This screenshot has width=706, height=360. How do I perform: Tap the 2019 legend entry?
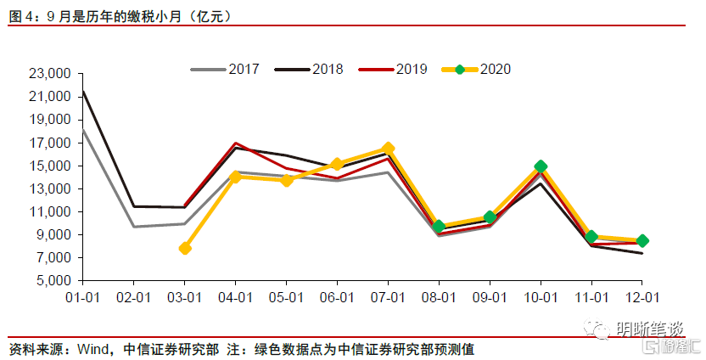coord(393,69)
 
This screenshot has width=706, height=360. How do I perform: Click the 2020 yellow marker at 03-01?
coord(185,248)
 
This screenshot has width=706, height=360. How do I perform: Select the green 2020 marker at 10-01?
coord(541,166)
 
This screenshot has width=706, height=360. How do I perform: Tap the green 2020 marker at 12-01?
coord(642,240)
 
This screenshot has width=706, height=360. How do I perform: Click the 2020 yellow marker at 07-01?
coord(388,149)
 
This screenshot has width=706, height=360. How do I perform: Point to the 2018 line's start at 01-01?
coord(83,91)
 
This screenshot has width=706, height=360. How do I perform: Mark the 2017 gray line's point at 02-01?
coord(134,227)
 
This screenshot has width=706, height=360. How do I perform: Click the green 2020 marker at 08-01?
coord(439,227)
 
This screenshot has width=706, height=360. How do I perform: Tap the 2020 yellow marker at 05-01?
coord(287,180)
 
